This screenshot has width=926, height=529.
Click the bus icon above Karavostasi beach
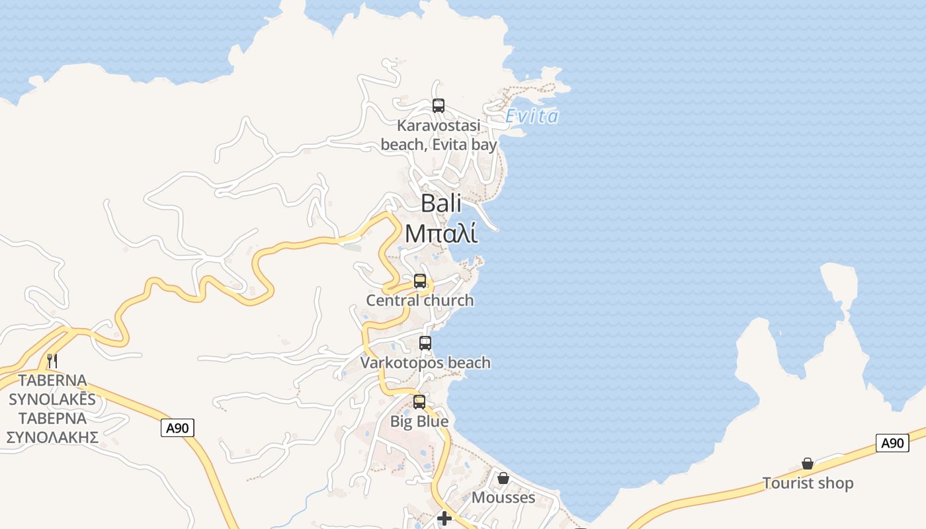[x=438, y=105]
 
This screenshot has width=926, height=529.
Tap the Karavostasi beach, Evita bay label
[x=439, y=135]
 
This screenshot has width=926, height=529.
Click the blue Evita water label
[x=532, y=116]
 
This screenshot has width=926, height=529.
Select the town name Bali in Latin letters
[x=441, y=203]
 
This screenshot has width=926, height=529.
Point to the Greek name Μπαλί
[x=441, y=233]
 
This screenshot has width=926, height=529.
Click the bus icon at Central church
[x=420, y=281]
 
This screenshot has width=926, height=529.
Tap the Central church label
[x=420, y=300]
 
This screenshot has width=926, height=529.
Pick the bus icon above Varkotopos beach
[x=425, y=343]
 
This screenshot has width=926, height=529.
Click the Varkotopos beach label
[x=425, y=362]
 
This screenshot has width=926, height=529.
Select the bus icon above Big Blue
[x=419, y=402]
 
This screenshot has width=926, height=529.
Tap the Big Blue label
[x=419, y=421]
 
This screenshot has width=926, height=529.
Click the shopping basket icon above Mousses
[x=503, y=477]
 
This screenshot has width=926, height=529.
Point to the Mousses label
[x=503, y=497]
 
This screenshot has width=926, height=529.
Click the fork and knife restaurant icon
[x=52, y=361]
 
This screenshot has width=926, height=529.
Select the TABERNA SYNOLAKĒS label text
[x=52, y=390]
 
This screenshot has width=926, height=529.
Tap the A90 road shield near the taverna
[x=177, y=428]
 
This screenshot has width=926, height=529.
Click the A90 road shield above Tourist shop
[x=892, y=443]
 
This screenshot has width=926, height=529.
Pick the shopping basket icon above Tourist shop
[x=808, y=464]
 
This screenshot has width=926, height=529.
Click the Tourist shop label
[x=808, y=483]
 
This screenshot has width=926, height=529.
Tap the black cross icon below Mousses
[x=444, y=518]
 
